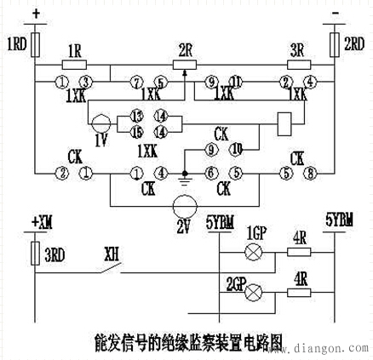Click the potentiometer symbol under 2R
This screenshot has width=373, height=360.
pos(185,62)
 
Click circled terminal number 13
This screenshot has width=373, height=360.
pos(137,116)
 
